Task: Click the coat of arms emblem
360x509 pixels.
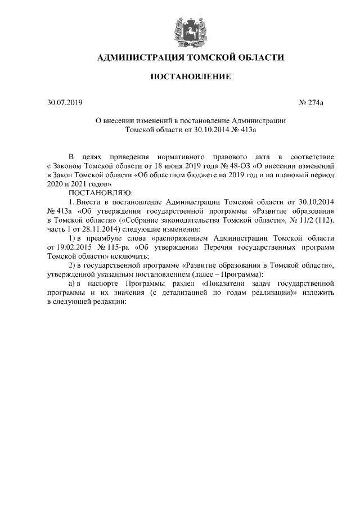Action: tap(180, 28)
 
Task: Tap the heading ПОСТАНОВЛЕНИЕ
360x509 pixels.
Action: tap(180, 76)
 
